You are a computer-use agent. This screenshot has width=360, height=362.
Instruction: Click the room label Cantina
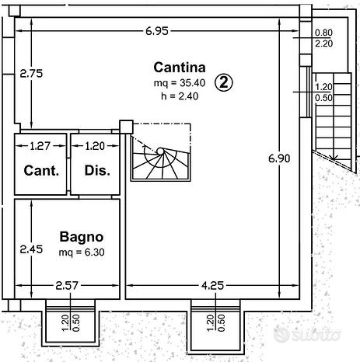pos(180,68)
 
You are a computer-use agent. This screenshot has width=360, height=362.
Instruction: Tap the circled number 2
pos(224,82)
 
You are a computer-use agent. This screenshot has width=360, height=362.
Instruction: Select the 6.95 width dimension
pos(157,31)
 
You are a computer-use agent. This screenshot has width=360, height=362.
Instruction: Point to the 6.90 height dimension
pos(279,158)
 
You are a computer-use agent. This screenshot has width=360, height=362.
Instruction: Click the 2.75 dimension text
pos(31,74)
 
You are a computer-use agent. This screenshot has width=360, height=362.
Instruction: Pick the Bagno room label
pos(82,237)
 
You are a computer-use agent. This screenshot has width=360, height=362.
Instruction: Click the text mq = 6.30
pos(82,252)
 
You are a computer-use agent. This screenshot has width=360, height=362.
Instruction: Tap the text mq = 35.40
pos(180,83)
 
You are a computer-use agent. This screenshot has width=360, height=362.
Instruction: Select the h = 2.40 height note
pos(180,96)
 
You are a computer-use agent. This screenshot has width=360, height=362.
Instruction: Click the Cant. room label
pos(41,171)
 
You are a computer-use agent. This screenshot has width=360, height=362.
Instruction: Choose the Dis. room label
pos(97,171)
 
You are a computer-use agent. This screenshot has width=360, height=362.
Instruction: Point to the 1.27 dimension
pos(40,146)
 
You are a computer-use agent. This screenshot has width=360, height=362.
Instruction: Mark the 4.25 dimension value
pos(212,286)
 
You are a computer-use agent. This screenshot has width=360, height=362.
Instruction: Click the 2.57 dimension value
pos(67,286)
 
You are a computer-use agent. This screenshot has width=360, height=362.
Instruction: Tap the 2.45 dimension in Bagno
pos(31,249)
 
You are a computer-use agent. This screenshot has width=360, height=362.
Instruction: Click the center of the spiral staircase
pos(160,151)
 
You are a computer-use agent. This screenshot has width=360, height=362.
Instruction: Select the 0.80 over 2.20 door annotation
pos(323,38)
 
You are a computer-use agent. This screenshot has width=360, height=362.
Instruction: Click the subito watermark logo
pos(307,335)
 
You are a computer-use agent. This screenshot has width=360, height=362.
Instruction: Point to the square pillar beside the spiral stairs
pos(126,127)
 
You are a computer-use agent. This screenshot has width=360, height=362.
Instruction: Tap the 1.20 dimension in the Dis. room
pos(95,146)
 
